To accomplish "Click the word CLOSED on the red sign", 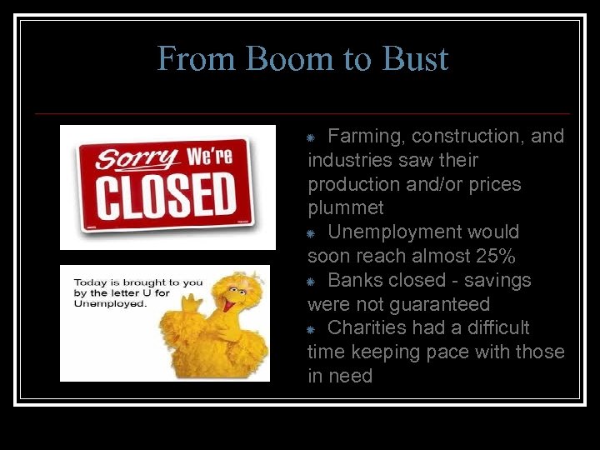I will coord(167,194).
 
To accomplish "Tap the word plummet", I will coord(346,207).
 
